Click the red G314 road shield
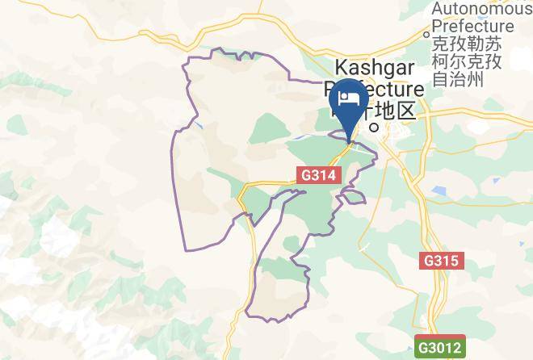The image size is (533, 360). pyautogui.click(x=320, y=174)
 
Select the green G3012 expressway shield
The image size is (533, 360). pyautogui.click(x=440, y=349)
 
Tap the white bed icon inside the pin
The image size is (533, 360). pyautogui.click(x=349, y=98)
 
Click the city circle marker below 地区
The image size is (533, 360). pyautogui.click(x=373, y=127)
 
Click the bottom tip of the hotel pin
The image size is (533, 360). pyautogui.click(x=349, y=142)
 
